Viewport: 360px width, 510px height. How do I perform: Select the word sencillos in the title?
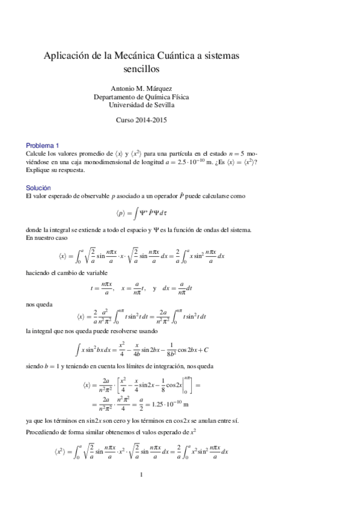142,69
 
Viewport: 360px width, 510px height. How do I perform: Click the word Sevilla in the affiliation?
162,104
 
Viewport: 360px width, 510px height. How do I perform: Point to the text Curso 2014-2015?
141,120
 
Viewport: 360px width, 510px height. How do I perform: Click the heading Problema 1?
42,145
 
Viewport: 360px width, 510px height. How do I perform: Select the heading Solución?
38,188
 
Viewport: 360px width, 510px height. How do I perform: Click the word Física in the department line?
177,96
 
